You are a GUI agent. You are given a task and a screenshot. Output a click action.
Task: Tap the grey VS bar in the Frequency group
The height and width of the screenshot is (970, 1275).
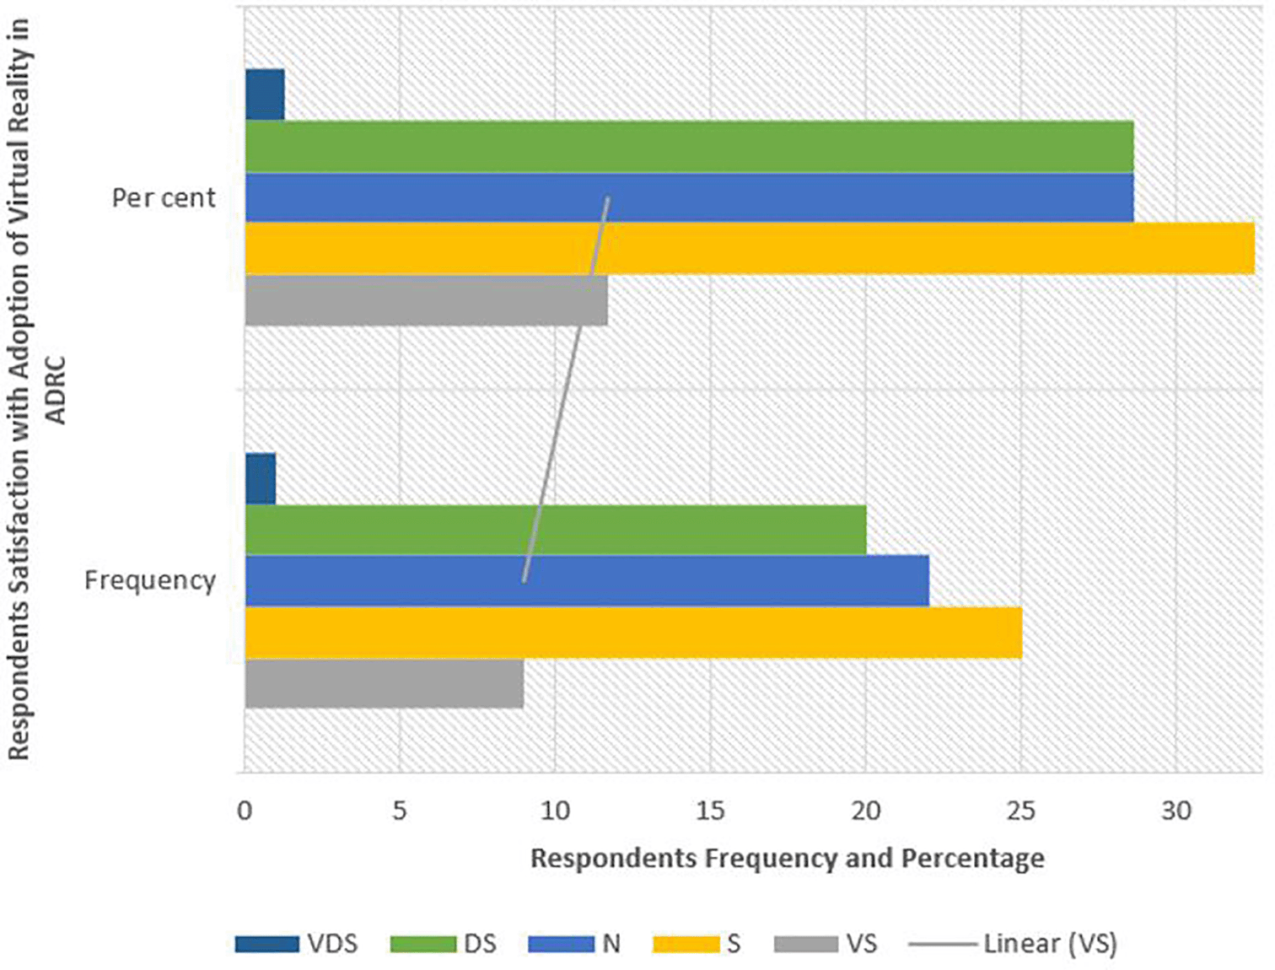384,683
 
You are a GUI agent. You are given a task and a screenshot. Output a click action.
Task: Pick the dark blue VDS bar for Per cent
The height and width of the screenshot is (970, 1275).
265,94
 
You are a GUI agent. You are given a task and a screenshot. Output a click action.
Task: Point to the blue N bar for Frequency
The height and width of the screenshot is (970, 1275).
587,580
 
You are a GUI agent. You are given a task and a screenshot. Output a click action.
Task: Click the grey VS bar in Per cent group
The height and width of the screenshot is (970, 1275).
426,300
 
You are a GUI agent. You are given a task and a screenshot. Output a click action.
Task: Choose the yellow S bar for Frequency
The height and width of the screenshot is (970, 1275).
633,633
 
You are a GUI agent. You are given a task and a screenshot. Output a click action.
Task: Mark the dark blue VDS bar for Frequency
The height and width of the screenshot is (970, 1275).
261,479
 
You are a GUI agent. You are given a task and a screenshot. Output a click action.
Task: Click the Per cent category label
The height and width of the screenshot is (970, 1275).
164,197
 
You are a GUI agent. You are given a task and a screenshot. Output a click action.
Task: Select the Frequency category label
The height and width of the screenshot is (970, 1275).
150,580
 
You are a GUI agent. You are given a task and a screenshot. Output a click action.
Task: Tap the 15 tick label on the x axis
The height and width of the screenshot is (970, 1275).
710,811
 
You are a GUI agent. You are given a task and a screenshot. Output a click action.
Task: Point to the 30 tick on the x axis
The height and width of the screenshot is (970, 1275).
1176,811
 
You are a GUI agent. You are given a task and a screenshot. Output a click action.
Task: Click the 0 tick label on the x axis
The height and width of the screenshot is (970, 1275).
245,811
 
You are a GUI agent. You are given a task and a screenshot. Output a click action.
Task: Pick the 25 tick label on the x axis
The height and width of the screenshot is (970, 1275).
1021,811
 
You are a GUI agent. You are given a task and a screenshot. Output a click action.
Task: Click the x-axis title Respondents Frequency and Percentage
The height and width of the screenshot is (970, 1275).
787,859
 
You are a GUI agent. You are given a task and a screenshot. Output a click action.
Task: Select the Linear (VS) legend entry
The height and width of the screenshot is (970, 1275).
1013,943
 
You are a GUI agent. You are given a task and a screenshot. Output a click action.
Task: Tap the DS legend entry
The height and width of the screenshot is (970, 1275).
444,943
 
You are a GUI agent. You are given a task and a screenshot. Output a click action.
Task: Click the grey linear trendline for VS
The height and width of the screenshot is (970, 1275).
567,388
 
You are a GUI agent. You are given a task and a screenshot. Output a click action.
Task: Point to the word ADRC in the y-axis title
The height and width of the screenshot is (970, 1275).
56,390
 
